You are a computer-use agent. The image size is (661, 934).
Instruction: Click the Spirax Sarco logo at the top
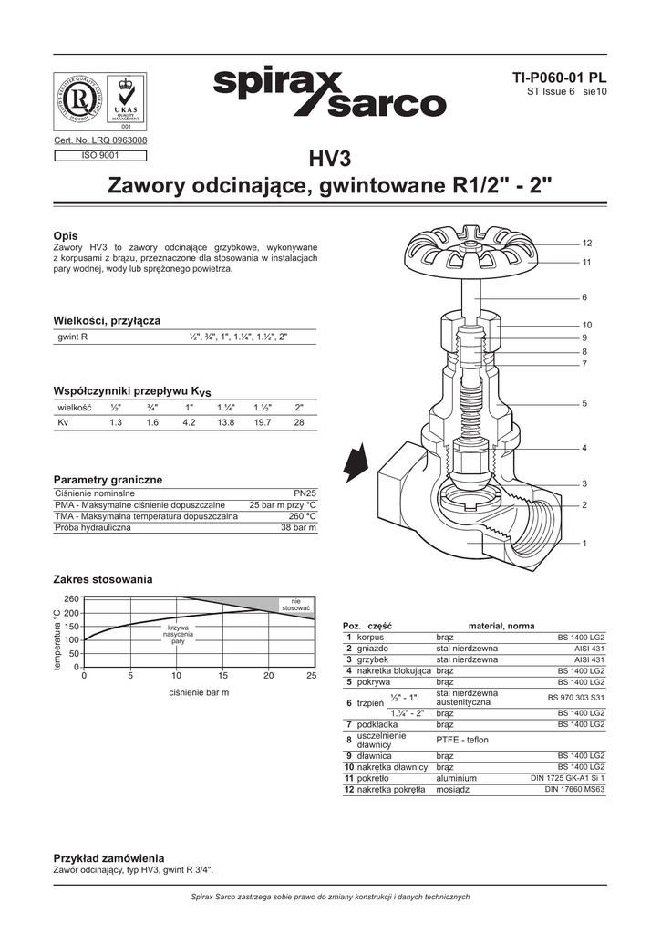click(329, 95)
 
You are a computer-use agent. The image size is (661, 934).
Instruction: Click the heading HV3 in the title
click(330, 161)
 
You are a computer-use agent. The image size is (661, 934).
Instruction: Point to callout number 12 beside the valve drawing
click(587, 243)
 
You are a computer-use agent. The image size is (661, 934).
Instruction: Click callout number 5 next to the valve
click(584, 403)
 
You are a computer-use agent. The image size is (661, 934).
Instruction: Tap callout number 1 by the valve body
click(584, 544)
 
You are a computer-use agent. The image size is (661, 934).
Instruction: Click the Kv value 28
click(298, 423)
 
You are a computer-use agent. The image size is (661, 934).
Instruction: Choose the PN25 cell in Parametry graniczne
click(305, 493)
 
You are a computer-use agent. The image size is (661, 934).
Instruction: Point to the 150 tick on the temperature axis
click(71, 627)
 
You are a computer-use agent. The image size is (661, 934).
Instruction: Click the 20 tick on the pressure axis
click(268, 676)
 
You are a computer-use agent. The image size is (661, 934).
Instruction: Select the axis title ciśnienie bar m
click(199, 694)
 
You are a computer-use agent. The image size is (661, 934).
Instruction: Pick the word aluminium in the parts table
click(456, 778)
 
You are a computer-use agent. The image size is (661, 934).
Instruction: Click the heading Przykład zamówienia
click(108, 858)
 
